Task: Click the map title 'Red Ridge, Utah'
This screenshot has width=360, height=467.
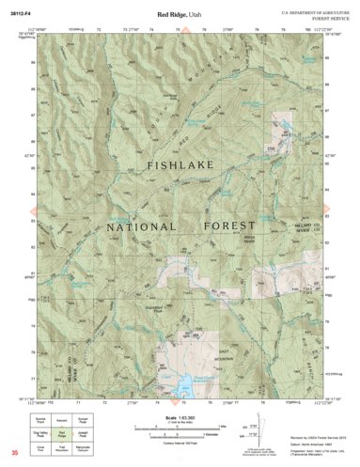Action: [179, 16]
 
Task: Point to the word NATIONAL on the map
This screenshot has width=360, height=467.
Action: [141, 227]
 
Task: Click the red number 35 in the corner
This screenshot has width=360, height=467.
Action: [14, 453]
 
